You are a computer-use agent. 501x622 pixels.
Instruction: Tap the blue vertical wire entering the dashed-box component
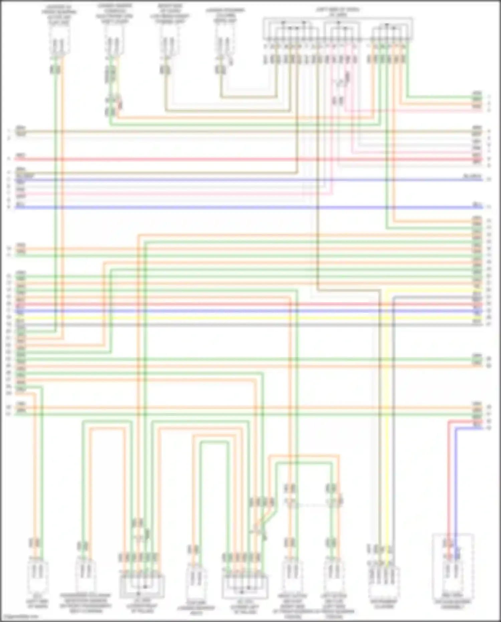coord(456,485)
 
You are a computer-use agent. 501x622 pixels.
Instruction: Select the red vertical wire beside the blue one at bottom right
coord(449,485)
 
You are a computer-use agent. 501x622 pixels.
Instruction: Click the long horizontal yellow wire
coord(234,318)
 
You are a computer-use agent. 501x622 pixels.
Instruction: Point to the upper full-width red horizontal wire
coord(234,159)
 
